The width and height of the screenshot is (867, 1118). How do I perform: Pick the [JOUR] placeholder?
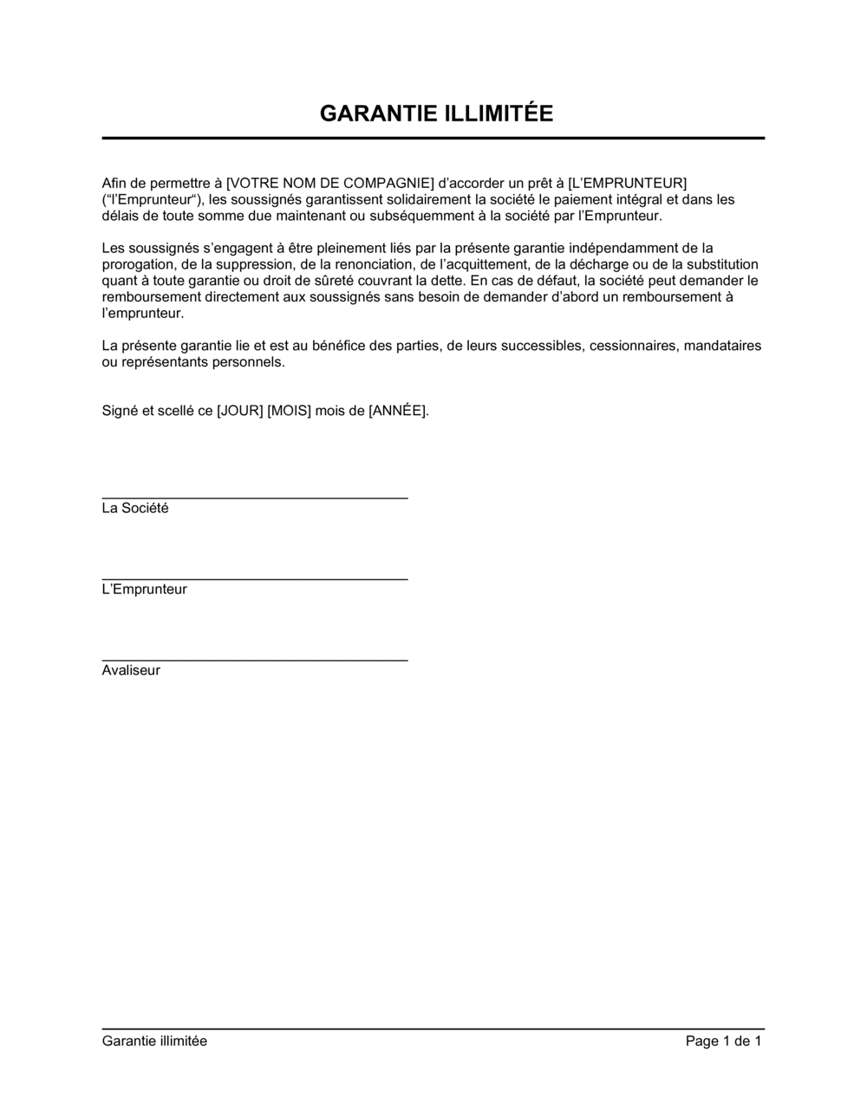240,411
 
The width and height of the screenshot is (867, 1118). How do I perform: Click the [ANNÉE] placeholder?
398,411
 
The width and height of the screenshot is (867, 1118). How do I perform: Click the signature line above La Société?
255,498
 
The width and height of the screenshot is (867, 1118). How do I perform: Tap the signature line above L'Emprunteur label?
255,579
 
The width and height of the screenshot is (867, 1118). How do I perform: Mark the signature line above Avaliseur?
255,660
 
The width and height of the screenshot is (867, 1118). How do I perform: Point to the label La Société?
135,509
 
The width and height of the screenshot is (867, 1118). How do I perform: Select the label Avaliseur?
131,671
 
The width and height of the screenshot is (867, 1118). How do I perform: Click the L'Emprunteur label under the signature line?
144,589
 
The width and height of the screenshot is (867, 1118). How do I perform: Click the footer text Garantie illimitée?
154,1041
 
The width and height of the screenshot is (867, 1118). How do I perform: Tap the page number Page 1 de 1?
723,1041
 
